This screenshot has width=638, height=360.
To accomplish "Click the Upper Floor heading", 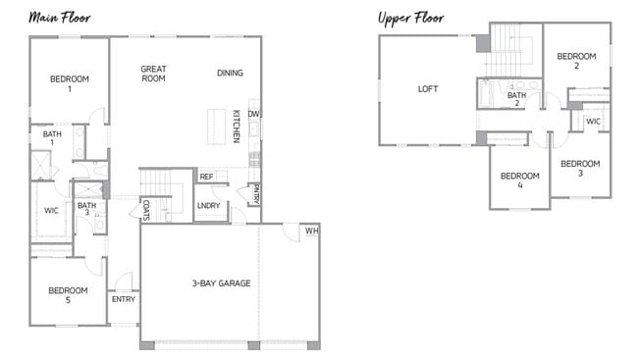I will (x=410, y=18).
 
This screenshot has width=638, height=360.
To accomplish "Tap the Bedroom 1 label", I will (x=70, y=83).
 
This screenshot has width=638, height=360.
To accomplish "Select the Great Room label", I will (x=153, y=74).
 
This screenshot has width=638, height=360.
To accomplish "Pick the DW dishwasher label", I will (x=253, y=114).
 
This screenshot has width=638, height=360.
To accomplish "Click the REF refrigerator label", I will (x=206, y=177).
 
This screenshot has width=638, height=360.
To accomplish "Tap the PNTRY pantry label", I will (x=255, y=192).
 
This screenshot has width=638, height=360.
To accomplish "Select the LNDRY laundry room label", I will (x=208, y=205).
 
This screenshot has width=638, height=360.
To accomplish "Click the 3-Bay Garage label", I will (x=221, y=283).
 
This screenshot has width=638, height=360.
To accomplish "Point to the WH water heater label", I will (x=311, y=231).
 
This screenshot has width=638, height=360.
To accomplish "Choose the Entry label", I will (x=123, y=299).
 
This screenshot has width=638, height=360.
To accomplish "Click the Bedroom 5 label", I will (x=69, y=294).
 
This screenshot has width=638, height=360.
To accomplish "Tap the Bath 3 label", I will (x=86, y=210).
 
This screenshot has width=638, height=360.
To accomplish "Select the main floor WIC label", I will (x=51, y=210).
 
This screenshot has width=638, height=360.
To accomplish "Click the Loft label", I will (x=428, y=88).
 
